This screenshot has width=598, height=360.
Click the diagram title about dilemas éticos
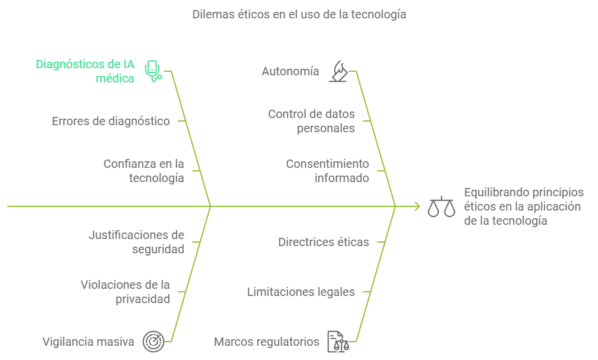(x=299, y=15)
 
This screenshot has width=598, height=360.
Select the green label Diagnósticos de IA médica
(x=85, y=71)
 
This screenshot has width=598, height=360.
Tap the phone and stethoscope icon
(x=154, y=71)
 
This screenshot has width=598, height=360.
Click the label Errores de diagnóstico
(x=111, y=121)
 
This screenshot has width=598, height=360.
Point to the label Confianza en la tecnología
(x=143, y=170)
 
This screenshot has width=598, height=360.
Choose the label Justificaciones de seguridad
(x=136, y=242)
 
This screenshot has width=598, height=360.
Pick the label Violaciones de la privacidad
(x=125, y=292)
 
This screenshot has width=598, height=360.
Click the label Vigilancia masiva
(x=88, y=342)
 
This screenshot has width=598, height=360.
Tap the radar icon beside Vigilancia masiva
(x=154, y=342)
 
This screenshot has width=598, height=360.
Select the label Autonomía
(x=290, y=71)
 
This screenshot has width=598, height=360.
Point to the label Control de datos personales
(x=311, y=120)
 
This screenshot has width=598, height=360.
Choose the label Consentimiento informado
(x=327, y=170)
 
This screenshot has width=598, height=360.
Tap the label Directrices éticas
(x=324, y=242)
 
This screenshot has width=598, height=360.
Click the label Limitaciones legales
(x=300, y=292)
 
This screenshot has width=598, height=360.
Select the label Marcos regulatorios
(x=267, y=342)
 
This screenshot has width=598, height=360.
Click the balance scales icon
(x=442, y=206)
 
